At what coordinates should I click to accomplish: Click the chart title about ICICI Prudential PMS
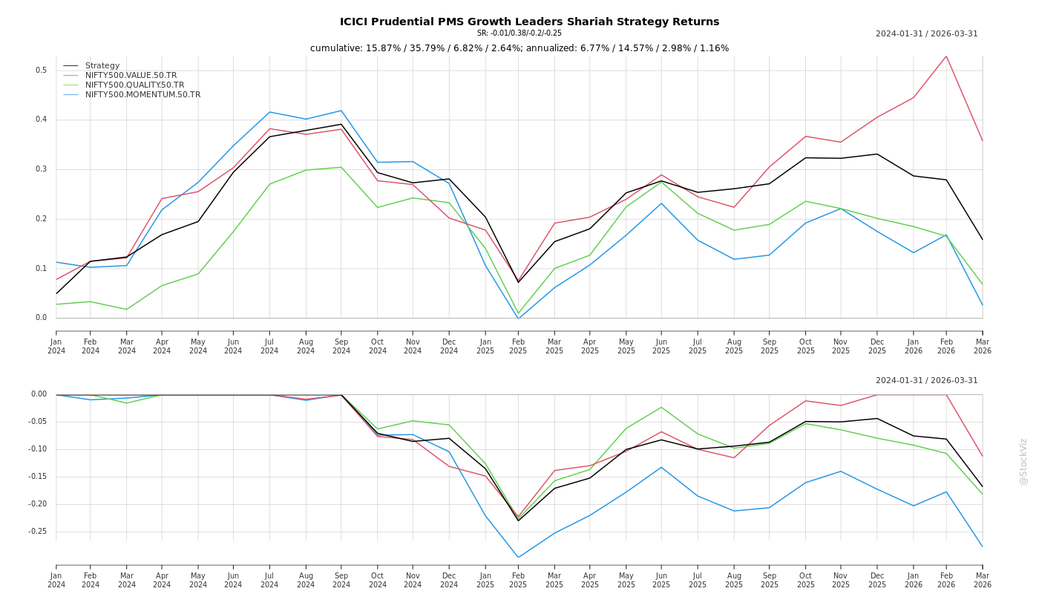pyautogui.click(x=529, y=22)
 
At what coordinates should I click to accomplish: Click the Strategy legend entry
pyautogui.click(x=102, y=65)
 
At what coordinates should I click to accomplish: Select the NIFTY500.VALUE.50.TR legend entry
pyautogui.click(x=131, y=75)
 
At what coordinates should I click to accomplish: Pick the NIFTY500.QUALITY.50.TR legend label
pyautogui.click(x=134, y=85)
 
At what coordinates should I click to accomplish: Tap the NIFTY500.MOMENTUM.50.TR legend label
pyautogui.click(x=142, y=94)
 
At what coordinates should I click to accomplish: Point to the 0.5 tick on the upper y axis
pyautogui.click(x=41, y=71)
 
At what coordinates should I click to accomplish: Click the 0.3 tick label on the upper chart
pyautogui.click(x=41, y=169)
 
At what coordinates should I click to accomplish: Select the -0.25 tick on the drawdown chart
pyautogui.click(x=37, y=532)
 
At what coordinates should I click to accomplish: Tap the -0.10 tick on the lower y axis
pyautogui.click(x=37, y=449)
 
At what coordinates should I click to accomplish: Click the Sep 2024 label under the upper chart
pyautogui.click(x=341, y=346)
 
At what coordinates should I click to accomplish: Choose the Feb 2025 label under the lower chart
pyautogui.click(x=518, y=580)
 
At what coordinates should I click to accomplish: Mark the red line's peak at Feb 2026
pyautogui.click(x=946, y=56)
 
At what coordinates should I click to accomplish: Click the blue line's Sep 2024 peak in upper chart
pyautogui.click(x=341, y=111)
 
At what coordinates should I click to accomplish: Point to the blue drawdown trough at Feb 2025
pyautogui.click(x=518, y=557)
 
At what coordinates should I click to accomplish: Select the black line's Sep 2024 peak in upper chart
pyautogui.click(x=341, y=124)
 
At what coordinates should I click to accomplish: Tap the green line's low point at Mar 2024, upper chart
pyautogui.click(x=126, y=310)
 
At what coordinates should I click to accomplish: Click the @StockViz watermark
pyautogui.click(x=1023, y=461)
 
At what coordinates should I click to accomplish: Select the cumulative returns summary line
pyautogui.click(x=519, y=48)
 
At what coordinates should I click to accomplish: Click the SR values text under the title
pyautogui.click(x=519, y=33)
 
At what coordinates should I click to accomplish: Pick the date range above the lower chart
pyautogui.click(x=926, y=380)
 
